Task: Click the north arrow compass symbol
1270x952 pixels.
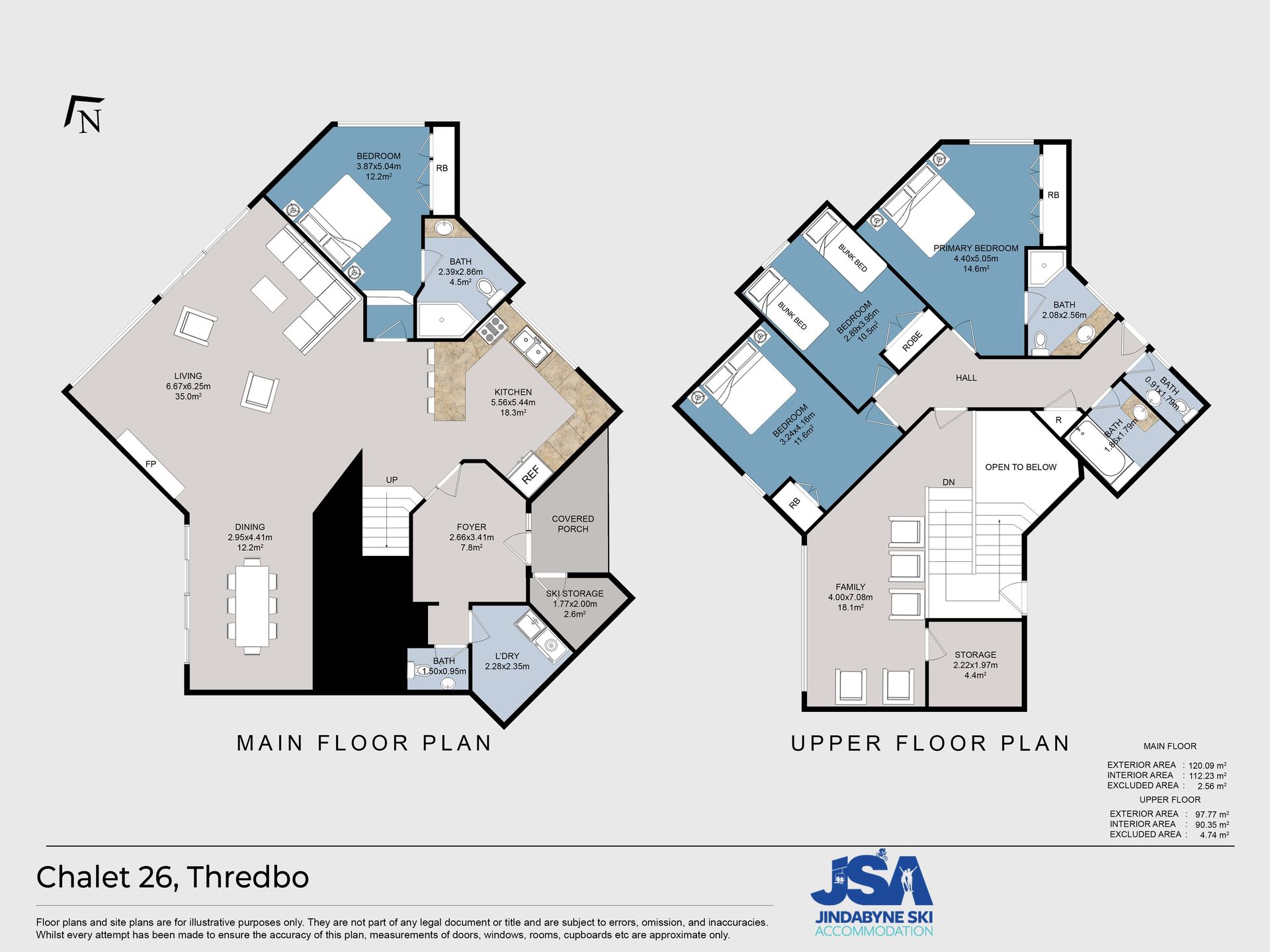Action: click(x=85, y=114)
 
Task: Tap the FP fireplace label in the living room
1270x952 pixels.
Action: click(x=151, y=464)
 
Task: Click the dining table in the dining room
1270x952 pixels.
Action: click(x=252, y=606)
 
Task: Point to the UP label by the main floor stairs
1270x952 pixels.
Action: click(x=392, y=480)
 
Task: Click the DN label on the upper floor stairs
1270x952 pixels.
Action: click(x=949, y=482)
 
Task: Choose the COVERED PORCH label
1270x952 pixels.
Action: click(x=573, y=524)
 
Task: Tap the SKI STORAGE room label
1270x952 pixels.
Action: click(x=575, y=594)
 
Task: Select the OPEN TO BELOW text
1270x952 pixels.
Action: click(x=1021, y=467)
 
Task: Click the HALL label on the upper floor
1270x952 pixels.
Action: click(x=966, y=377)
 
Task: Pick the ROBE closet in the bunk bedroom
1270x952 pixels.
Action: click(x=915, y=339)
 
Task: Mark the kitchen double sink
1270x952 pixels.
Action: click(x=531, y=346)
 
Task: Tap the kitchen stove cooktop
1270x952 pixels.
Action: click(x=491, y=329)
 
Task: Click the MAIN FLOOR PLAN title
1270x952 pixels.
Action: click(x=364, y=743)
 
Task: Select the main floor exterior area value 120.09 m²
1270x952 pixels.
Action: click(x=1207, y=765)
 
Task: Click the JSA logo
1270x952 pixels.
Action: click(x=872, y=892)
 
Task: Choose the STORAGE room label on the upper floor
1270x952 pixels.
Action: click(x=975, y=654)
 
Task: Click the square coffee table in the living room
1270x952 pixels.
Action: click(x=269, y=294)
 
